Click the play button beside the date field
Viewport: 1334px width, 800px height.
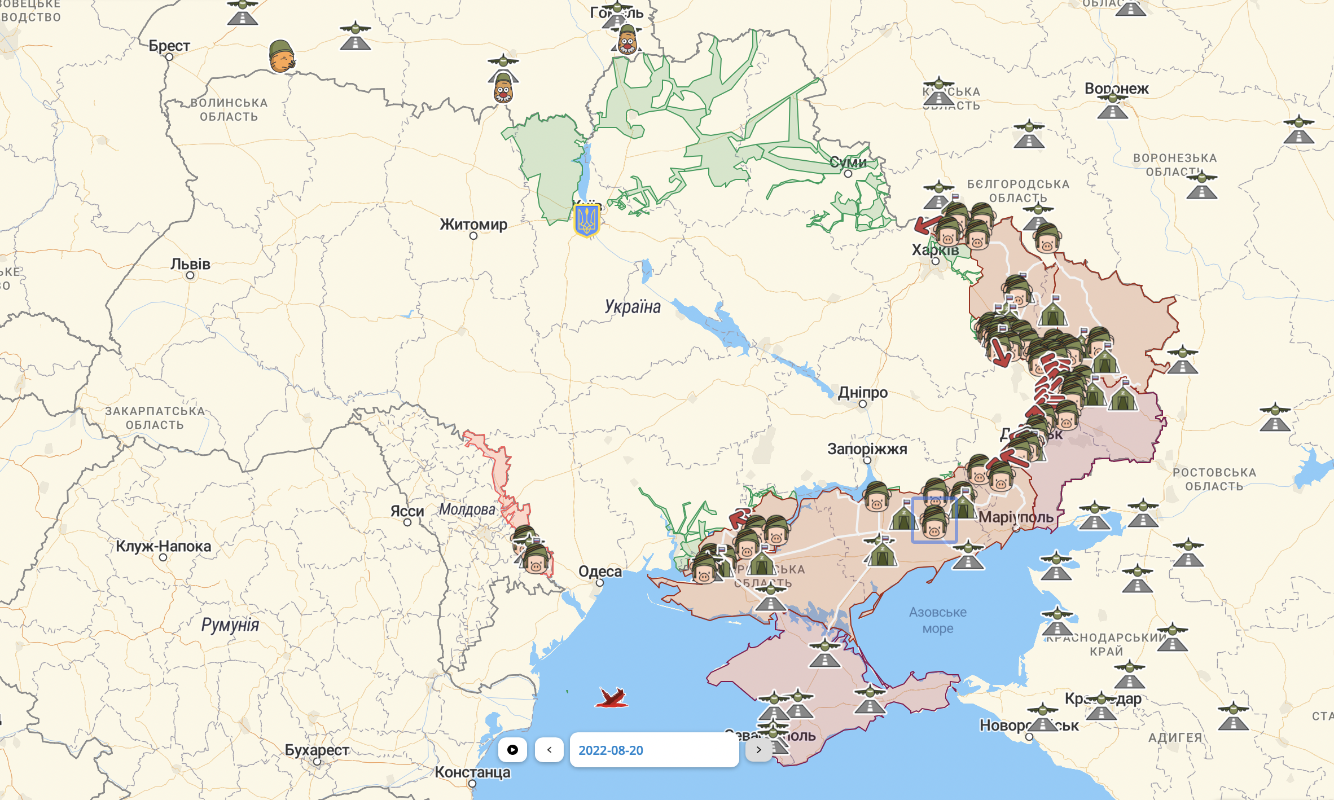[x=512, y=750]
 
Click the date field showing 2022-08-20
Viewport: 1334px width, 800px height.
[x=653, y=750]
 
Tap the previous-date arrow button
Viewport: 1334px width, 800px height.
[x=549, y=750]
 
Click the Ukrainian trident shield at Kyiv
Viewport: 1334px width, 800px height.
[x=586, y=220]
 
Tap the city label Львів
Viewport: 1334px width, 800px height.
[x=191, y=264]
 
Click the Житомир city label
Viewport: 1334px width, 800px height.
[x=473, y=225]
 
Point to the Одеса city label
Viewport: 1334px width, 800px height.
[x=600, y=572]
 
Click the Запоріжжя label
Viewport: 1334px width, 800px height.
[x=867, y=449]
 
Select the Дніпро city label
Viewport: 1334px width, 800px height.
[x=862, y=392]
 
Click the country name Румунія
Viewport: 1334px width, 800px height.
[x=230, y=625]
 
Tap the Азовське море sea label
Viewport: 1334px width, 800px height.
[x=937, y=620]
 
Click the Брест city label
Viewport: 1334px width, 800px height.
[x=169, y=46]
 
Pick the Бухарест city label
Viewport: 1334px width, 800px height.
[x=317, y=750]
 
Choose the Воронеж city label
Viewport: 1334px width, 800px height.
[x=1116, y=89]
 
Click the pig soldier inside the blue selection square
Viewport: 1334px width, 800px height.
[x=934, y=522]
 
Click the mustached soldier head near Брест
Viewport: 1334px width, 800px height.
[x=282, y=56]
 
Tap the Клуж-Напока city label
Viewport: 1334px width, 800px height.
[x=163, y=546]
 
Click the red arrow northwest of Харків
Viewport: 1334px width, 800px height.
[x=927, y=225]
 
